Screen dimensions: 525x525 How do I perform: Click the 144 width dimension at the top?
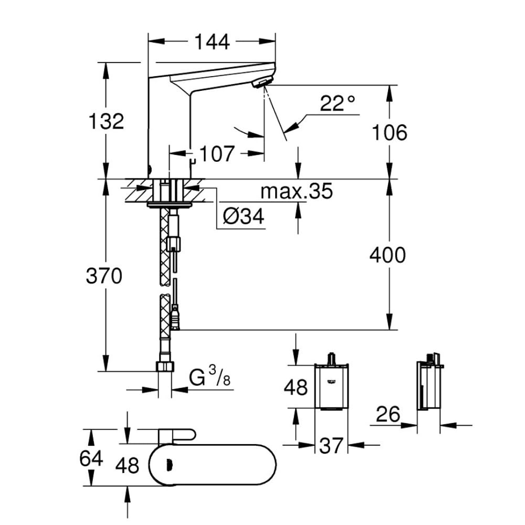point(212,41)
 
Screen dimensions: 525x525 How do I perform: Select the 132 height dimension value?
point(106,121)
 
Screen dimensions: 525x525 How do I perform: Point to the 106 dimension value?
point(389,133)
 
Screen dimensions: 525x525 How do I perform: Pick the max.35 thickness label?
point(297,192)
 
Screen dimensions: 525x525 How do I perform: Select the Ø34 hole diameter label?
point(243,216)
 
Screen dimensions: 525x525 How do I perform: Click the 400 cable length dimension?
point(388,255)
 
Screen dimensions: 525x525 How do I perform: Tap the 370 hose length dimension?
point(104,276)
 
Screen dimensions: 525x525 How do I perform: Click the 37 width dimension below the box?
point(331,446)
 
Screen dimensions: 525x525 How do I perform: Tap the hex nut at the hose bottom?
point(165,366)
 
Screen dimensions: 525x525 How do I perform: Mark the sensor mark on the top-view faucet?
point(169,464)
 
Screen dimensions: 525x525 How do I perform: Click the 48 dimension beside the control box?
point(296,388)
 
